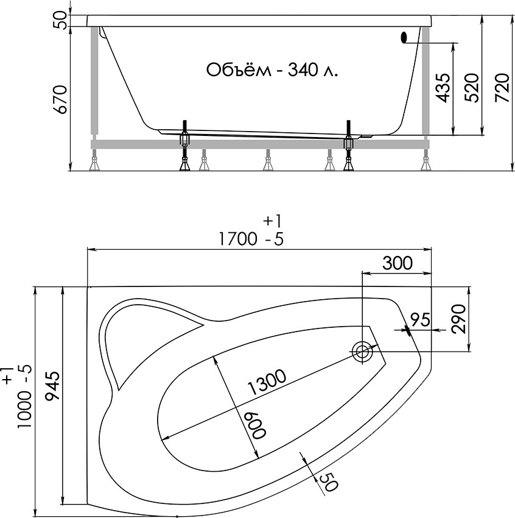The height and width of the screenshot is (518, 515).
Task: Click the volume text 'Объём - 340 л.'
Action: (272, 70)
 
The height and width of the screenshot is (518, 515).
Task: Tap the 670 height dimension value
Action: (61, 99)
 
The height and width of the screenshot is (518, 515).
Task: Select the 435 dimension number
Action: (443, 88)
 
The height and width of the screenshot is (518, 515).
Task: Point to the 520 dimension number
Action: (471, 88)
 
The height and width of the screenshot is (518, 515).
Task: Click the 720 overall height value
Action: (502, 88)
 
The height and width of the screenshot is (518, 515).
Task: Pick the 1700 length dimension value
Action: (238, 239)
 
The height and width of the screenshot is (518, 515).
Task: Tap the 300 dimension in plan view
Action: (398, 263)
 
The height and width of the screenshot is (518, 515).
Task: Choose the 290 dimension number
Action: (458, 319)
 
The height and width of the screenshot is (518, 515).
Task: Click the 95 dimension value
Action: (421, 319)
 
